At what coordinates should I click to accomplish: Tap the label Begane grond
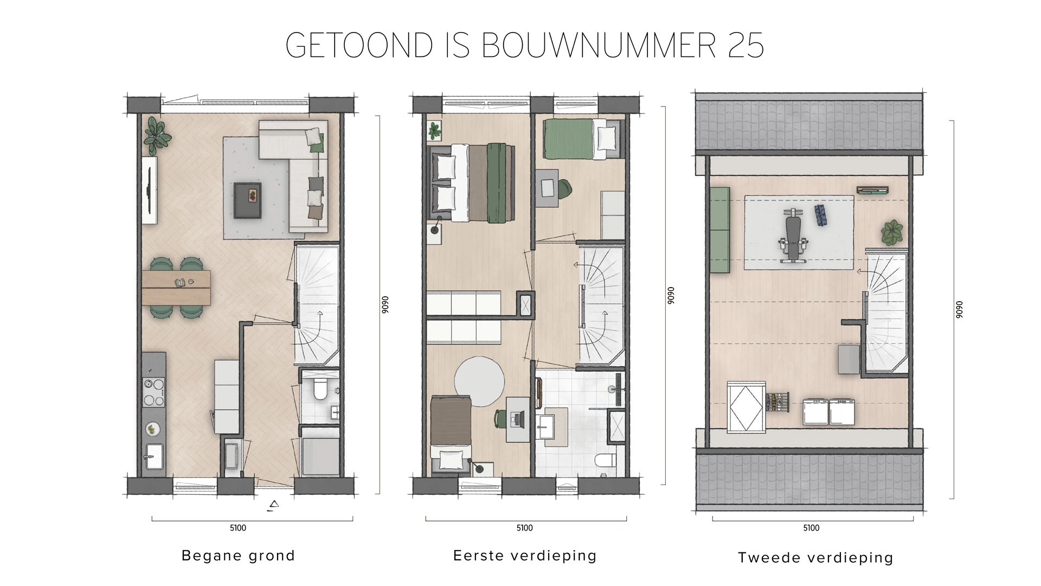click(238, 556)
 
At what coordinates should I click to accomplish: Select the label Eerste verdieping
click(524, 556)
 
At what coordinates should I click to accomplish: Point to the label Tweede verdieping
click(815, 557)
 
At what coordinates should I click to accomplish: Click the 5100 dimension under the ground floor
click(238, 528)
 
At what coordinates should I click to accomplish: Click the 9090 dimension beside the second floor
click(959, 309)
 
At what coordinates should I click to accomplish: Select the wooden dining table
click(177, 288)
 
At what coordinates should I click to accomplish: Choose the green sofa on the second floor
click(719, 231)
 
